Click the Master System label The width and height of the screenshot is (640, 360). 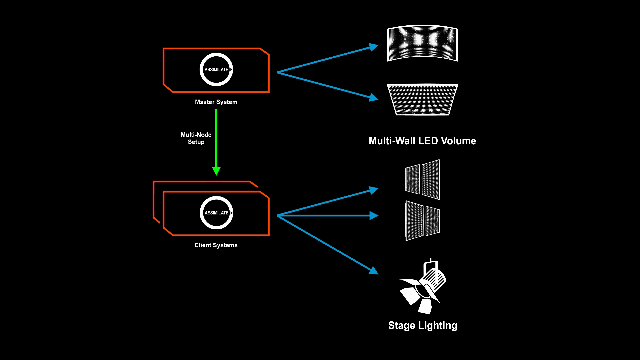[x=216, y=102]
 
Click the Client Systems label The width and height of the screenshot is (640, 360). [x=216, y=245]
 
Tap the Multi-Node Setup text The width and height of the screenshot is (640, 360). [x=196, y=138]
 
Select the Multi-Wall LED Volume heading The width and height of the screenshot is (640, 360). [x=422, y=141]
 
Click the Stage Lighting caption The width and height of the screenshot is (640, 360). [x=423, y=326]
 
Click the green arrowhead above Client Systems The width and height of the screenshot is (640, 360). [x=216, y=171]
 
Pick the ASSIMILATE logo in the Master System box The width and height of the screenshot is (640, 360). [x=216, y=69]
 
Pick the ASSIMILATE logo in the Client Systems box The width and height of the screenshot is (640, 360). [x=216, y=213]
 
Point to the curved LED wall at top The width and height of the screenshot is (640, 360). [x=422, y=43]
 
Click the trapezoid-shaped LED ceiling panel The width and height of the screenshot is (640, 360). [x=422, y=99]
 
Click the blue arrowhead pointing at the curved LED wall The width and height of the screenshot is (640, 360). [x=374, y=47]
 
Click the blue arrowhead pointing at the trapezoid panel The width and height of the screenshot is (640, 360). [x=374, y=98]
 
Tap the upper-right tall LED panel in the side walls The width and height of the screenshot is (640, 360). [x=431, y=180]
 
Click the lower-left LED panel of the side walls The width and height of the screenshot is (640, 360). [x=414, y=221]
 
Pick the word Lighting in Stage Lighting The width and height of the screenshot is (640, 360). [x=438, y=326]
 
